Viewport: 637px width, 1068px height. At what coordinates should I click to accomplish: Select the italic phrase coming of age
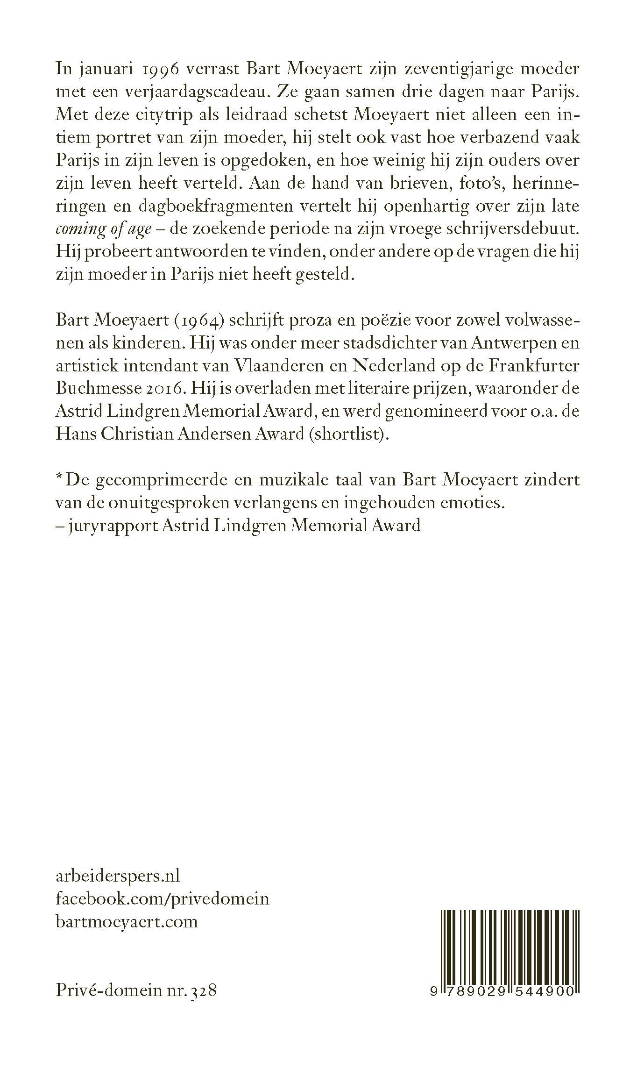click(x=103, y=229)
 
